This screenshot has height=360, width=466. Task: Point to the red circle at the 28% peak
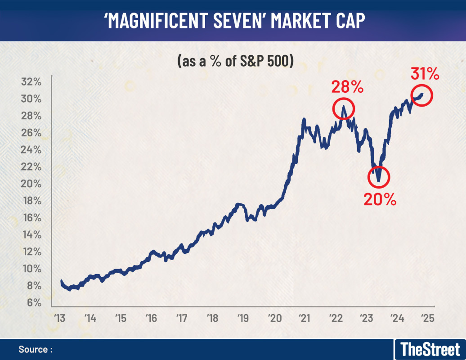pos(344,108)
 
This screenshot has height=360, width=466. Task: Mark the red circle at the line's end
pos(422,95)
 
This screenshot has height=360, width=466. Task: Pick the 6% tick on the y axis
pos(34,303)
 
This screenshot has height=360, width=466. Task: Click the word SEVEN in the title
pos(233,21)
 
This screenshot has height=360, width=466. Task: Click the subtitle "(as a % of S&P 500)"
pos(235,61)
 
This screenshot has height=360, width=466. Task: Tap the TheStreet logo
pos(430,349)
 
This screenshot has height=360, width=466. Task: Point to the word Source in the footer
pos(33,350)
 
